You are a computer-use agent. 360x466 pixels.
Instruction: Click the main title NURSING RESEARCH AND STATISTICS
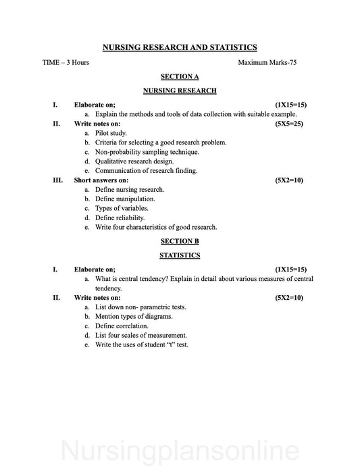[x=180, y=47]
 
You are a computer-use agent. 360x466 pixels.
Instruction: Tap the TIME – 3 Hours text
[x=66, y=62]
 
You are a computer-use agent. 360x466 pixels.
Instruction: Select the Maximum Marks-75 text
[x=267, y=62]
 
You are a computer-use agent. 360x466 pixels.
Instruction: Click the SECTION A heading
[x=180, y=76]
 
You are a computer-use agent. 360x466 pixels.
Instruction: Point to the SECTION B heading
[x=180, y=240]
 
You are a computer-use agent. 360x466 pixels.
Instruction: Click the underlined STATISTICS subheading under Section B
[x=180, y=255]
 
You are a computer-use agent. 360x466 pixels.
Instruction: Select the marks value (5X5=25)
[x=289, y=124]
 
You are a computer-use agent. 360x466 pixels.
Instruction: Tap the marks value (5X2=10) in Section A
[x=289, y=181]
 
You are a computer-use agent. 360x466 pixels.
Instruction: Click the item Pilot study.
[x=111, y=134]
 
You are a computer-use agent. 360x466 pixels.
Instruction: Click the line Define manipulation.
[x=125, y=199]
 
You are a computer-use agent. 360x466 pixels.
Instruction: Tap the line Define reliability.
[x=120, y=218]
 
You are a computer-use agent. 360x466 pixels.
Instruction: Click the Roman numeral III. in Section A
[x=57, y=181]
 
